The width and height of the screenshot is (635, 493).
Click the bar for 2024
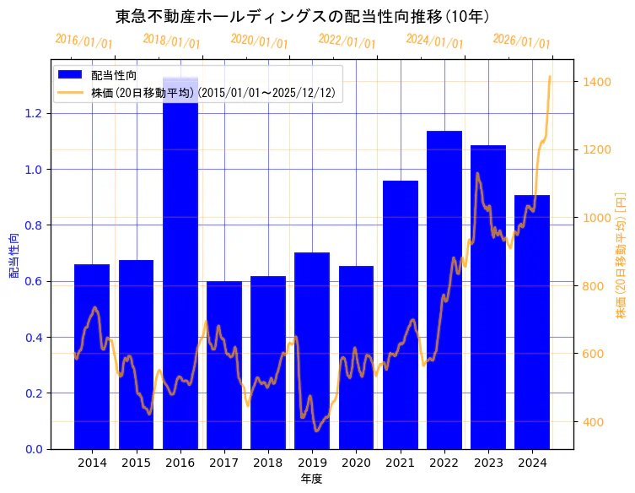(x=532, y=322)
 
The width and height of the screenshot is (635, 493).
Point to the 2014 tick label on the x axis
(x=92, y=463)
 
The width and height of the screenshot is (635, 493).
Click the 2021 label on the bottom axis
(x=401, y=463)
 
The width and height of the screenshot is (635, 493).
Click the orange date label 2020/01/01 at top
(x=259, y=41)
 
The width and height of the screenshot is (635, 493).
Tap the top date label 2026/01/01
(x=521, y=41)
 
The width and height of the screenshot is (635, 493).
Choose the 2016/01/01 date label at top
(x=83, y=41)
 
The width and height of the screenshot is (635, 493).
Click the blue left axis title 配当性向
(x=13, y=255)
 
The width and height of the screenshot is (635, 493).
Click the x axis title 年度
(x=312, y=479)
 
